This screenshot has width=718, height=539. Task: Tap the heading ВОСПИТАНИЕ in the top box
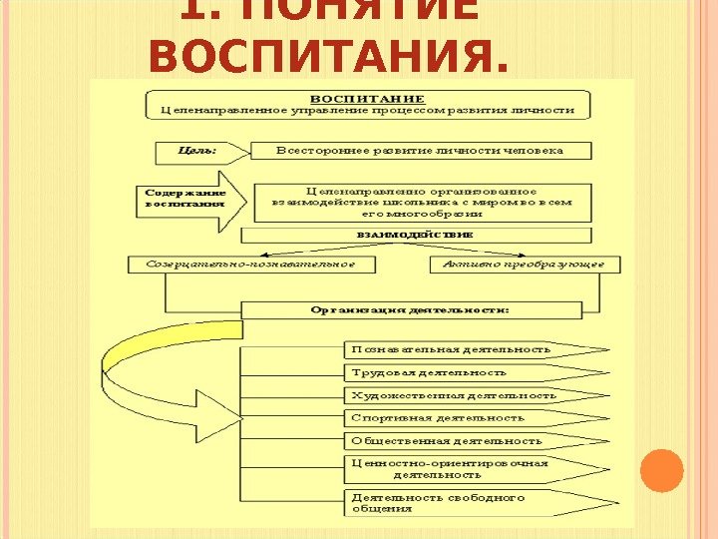368,98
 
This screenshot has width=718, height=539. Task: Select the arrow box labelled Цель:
198,152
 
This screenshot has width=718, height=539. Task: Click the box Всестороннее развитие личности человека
420,151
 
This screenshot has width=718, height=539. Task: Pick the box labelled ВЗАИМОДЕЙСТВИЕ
415,235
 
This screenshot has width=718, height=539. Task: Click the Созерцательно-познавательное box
255,265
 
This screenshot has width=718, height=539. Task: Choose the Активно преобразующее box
524,265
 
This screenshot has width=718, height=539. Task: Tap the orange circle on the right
660,470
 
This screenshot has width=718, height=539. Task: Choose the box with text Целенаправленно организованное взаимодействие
423,201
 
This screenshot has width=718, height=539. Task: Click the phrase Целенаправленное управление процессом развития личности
368,110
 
